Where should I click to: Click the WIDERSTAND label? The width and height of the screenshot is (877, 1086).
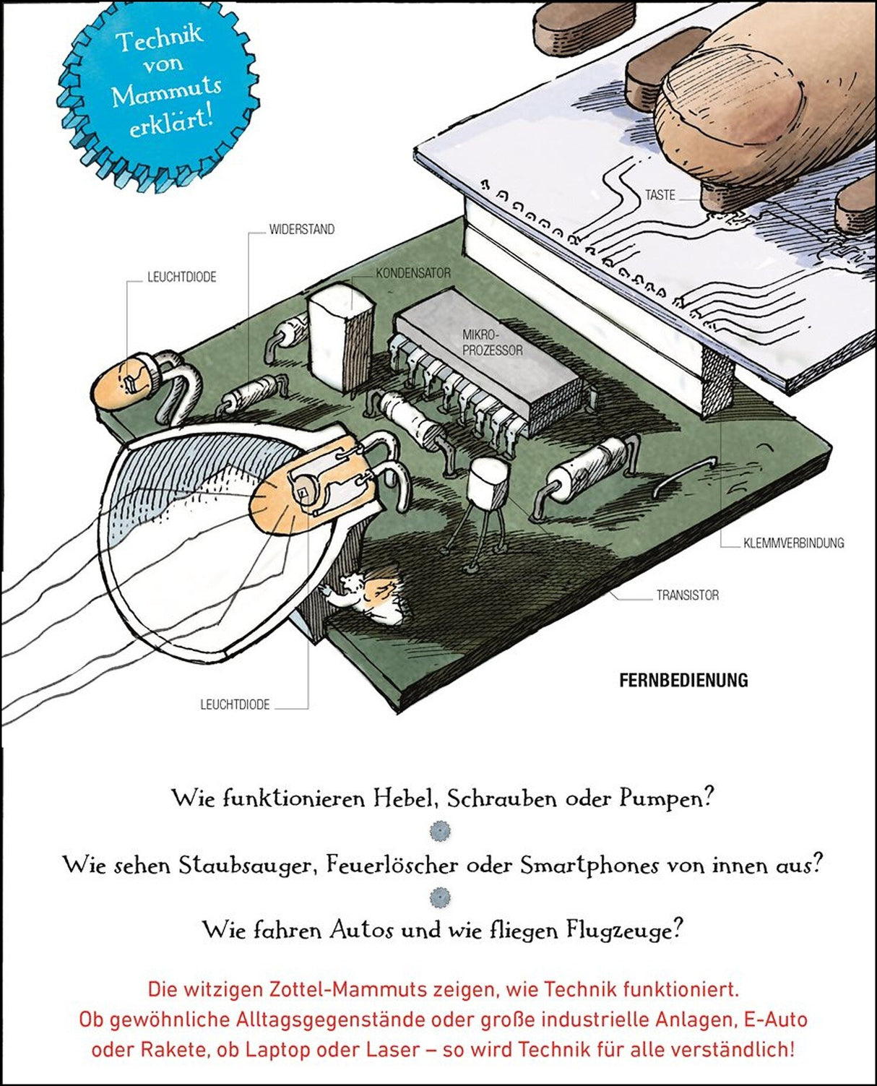(302, 230)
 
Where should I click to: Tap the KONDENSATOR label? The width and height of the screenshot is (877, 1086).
(413, 274)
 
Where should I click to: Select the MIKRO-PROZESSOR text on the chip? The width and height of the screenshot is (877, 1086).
(492, 342)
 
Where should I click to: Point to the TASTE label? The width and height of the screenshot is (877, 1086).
(660, 195)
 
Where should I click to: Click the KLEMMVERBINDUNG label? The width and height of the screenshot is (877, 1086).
(793, 543)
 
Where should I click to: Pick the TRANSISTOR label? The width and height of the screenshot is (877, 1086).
(687, 595)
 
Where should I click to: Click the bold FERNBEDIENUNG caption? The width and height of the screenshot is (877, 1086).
(683, 681)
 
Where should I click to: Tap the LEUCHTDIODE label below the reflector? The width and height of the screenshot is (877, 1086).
(235, 704)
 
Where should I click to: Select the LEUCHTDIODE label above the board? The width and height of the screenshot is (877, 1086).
(182, 277)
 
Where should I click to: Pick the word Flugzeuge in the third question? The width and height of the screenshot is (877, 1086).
(626, 929)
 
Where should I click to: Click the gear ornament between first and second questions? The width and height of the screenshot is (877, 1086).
(439, 832)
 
